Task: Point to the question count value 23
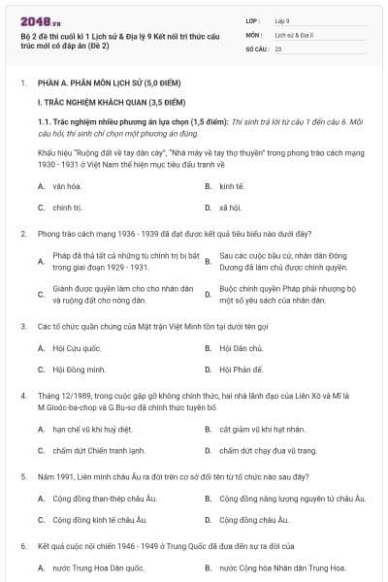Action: click(x=278, y=48)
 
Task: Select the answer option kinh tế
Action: click(x=232, y=184)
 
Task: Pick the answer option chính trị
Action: click(x=68, y=208)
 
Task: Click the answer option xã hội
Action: click(x=230, y=208)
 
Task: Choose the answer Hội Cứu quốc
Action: click(x=77, y=346)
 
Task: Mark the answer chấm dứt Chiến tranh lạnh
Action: click(x=99, y=451)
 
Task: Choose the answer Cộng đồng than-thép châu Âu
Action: click(x=107, y=499)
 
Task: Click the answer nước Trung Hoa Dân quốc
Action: click(x=101, y=567)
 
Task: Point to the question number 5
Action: click(x=23, y=477)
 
